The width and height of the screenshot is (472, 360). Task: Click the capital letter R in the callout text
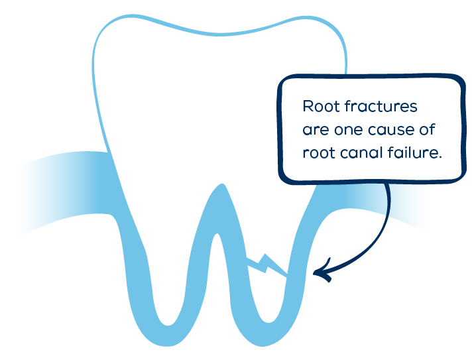[308, 106]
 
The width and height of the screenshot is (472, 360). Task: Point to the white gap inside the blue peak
[217, 265]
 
